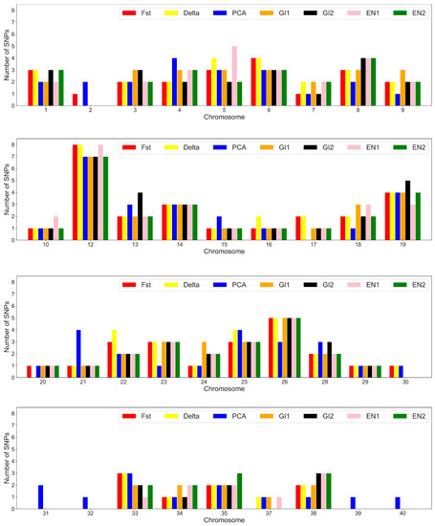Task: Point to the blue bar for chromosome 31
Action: tap(39, 497)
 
